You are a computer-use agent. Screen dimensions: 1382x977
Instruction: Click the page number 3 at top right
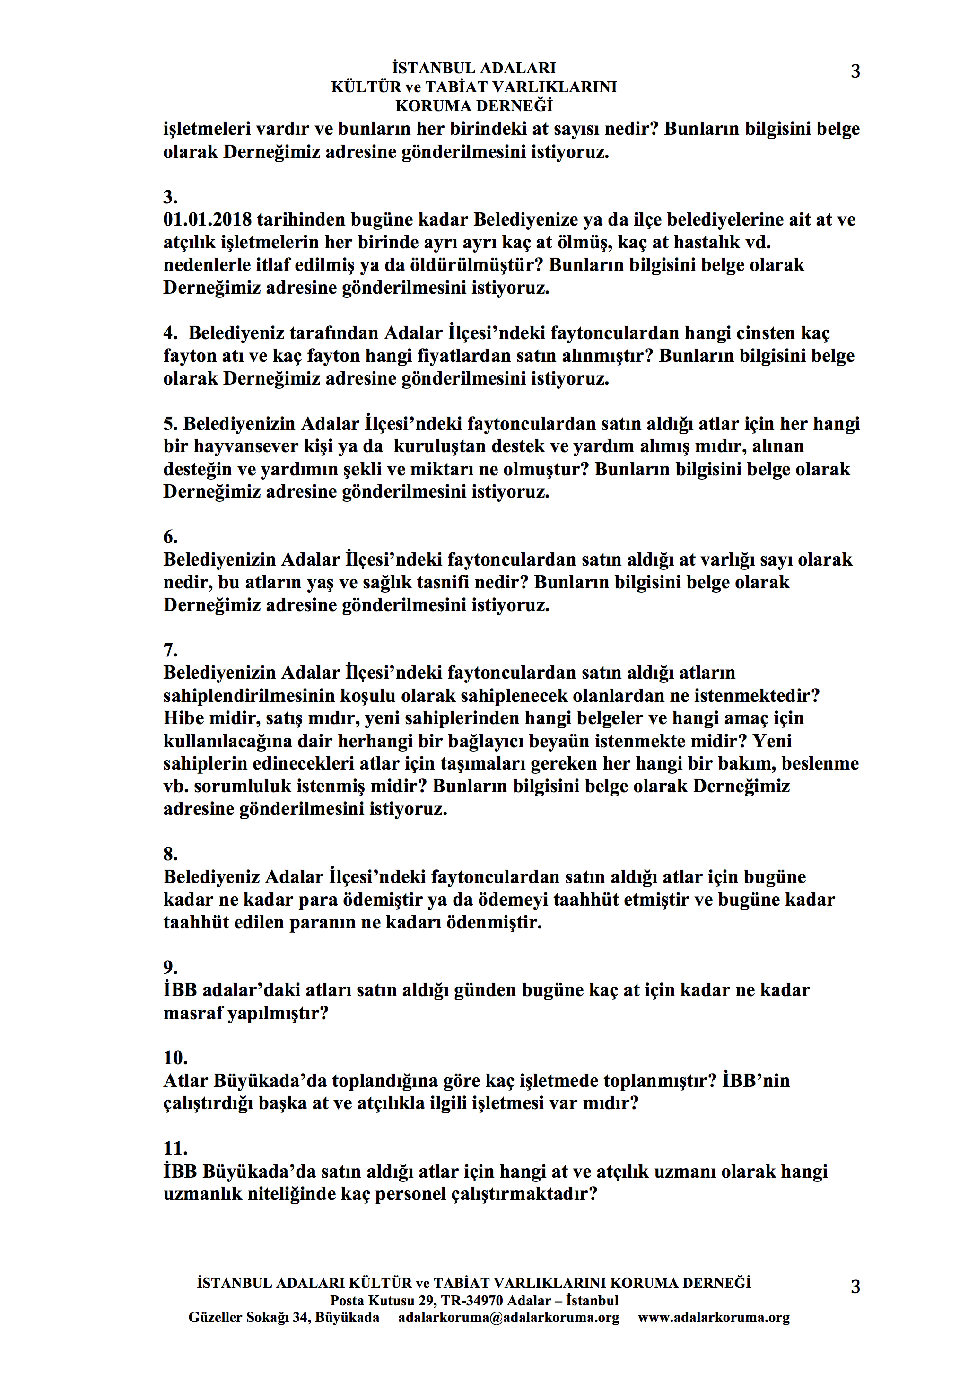click(x=855, y=71)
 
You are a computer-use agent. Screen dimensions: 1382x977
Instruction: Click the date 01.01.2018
click(x=207, y=220)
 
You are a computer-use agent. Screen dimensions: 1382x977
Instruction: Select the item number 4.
click(x=170, y=333)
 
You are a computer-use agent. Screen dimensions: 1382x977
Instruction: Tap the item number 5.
click(x=170, y=424)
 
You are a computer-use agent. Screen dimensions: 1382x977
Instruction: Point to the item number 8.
click(x=170, y=854)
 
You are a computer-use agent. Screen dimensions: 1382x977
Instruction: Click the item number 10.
click(x=175, y=1058)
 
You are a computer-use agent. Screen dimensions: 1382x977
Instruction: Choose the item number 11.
click(x=175, y=1148)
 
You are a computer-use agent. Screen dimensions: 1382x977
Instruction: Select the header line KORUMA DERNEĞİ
click(x=474, y=106)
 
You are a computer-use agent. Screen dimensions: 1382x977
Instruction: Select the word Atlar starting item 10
click(x=185, y=1081)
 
